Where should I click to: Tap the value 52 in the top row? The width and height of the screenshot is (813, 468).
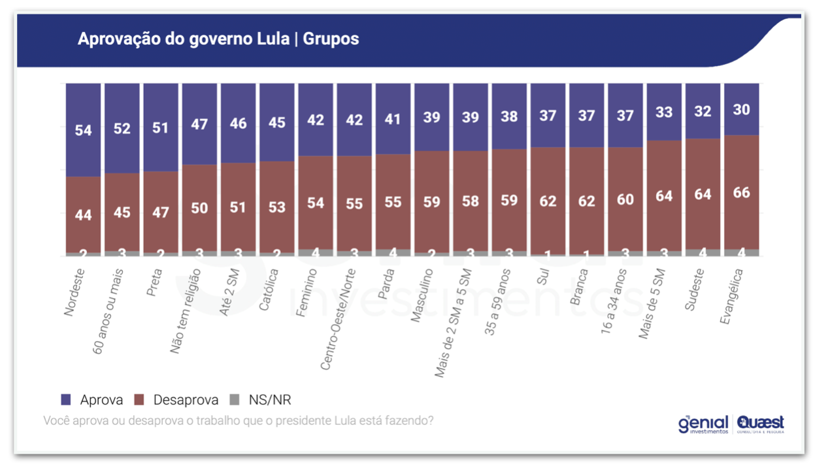[122, 128]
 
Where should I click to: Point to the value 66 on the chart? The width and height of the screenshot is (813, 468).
[742, 193]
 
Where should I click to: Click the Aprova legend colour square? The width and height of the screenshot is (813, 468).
[65, 399]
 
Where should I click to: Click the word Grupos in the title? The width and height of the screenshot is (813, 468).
[331, 39]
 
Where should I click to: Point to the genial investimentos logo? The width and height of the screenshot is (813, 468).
[703, 424]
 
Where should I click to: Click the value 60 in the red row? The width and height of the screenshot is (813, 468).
[625, 199]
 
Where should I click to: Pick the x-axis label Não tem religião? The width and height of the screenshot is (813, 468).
[186, 311]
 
